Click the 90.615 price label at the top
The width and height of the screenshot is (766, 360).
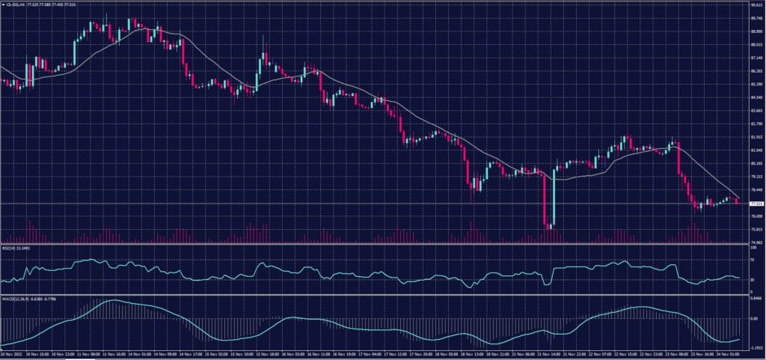click(756, 5)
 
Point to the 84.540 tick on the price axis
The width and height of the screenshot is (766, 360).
click(756, 97)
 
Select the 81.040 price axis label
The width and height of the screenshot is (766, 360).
click(756, 150)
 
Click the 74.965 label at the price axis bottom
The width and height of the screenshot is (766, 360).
click(756, 242)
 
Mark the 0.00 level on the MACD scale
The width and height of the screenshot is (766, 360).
click(753, 318)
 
